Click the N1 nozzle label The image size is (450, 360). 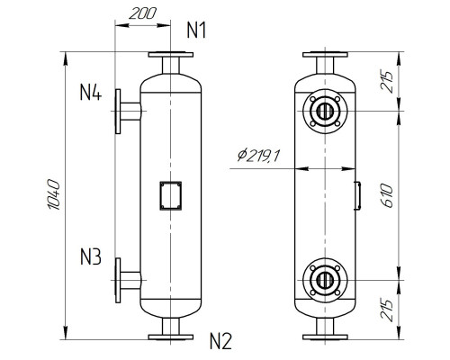(197, 30)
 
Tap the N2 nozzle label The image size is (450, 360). (220, 341)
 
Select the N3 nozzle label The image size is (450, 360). (90, 258)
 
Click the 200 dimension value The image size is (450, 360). (139, 15)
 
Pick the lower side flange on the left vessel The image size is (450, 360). (118, 279)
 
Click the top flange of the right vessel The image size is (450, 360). (323, 56)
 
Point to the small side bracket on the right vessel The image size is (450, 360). (356, 194)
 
